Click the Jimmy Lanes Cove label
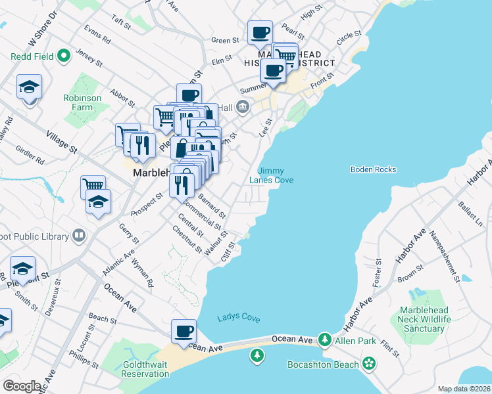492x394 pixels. click(x=271, y=175)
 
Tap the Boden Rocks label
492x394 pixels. click(x=374, y=169)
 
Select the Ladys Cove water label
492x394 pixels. click(x=238, y=318)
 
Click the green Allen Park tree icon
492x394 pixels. click(x=324, y=339)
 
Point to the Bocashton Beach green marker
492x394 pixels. click(x=369, y=363)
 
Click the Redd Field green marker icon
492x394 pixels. click(x=64, y=56)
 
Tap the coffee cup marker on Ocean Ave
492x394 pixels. click(x=184, y=330)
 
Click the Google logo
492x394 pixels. click(x=22, y=385)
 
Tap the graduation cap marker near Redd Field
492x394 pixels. click(x=30, y=88)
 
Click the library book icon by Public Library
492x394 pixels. click(x=79, y=236)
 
